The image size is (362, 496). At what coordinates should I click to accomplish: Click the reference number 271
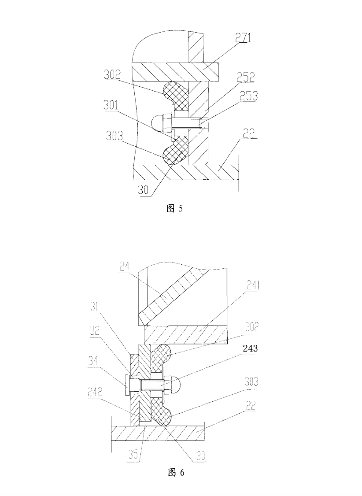point(243,37)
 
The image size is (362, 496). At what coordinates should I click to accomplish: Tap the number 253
point(248,96)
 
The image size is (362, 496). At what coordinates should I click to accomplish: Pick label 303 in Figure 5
point(115,136)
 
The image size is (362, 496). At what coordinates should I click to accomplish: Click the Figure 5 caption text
point(174,208)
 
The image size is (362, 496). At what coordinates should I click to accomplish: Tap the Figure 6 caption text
point(176,473)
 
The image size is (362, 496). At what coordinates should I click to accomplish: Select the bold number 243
point(250,348)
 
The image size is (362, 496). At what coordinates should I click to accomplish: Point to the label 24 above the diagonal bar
point(125,267)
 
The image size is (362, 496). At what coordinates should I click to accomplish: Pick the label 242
point(95,392)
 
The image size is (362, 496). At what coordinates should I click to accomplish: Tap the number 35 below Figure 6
point(133,455)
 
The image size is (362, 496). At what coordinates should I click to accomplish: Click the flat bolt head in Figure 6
point(127,385)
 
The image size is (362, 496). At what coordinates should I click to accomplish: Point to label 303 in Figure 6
point(251,381)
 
